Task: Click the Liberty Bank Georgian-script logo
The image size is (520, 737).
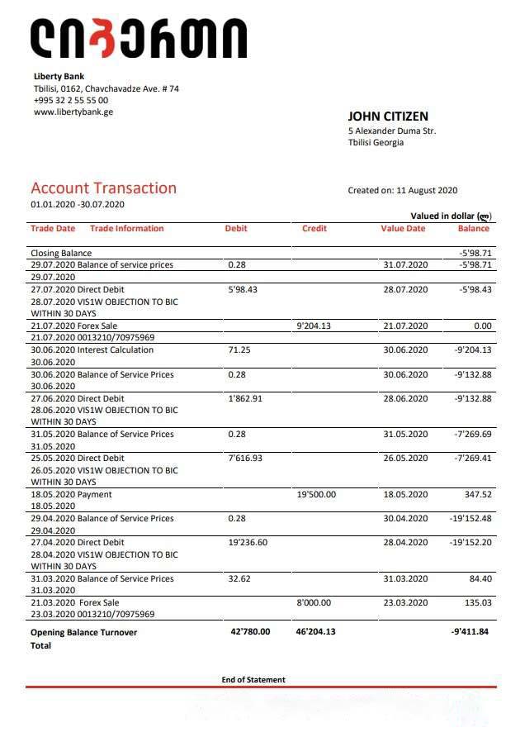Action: (x=139, y=38)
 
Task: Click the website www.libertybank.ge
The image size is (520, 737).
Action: (x=73, y=112)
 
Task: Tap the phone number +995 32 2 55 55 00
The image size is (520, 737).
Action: (x=71, y=101)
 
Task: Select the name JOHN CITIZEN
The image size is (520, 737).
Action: (x=388, y=116)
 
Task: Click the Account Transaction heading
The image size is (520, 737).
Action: (x=103, y=188)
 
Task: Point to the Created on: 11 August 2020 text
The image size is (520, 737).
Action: (x=402, y=190)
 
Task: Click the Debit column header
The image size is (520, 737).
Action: (x=236, y=229)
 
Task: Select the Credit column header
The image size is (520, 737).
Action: (x=314, y=229)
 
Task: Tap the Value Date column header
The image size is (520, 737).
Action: (x=403, y=229)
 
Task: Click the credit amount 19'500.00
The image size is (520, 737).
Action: (x=316, y=495)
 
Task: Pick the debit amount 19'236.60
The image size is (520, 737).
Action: (x=248, y=543)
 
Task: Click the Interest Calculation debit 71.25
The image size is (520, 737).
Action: (x=239, y=350)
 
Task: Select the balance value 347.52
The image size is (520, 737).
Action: (x=478, y=495)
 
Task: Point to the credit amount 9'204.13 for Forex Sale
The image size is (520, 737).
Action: (x=314, y=326)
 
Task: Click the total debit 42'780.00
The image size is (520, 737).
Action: (x=250, y=632)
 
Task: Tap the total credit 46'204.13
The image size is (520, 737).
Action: (x=315, y=632)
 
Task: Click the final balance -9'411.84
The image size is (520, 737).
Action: (x=471, y=632)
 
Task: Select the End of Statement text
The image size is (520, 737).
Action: (x=253, y=680)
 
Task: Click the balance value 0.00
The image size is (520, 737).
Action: (x=482, y=326)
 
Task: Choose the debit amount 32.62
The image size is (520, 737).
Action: (x=239, y=579)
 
